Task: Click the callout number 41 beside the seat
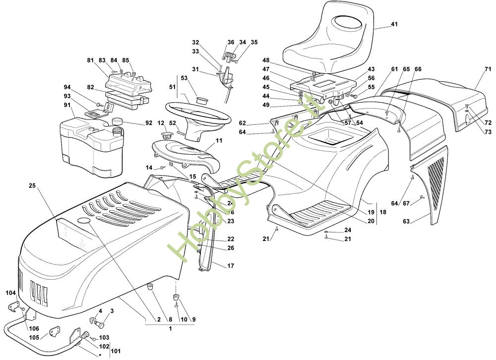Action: pos(394,24)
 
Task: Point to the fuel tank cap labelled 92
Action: pos(118,121)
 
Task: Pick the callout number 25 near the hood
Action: pos(32,185)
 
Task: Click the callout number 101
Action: pos(115,352)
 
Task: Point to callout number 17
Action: pos(231,266)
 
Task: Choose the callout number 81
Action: pos(90,60)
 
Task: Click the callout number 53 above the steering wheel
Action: pos(184,78)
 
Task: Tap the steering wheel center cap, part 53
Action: pos(202,100)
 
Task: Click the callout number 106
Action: pos(33,328)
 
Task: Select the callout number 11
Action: pos(219,141)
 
